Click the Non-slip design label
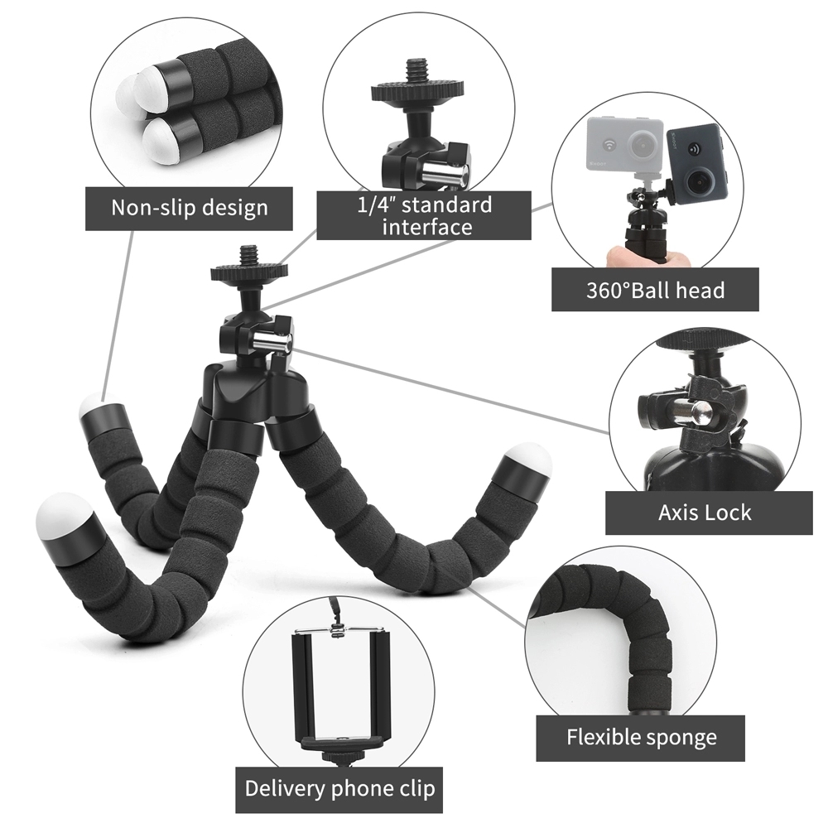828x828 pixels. tap(190, 207)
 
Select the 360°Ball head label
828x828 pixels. tap(654, 290)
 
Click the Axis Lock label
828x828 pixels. tap(705, 513)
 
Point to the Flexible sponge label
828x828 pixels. tap(641, 738)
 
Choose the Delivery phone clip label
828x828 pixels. tap(339, 787)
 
